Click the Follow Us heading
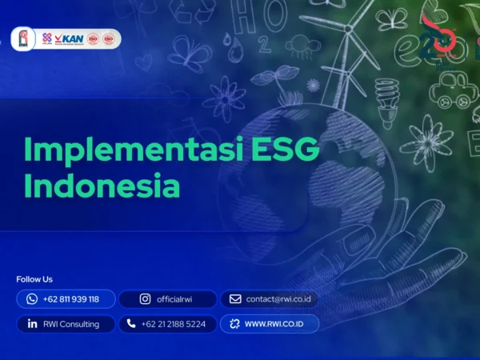tap(34, 279)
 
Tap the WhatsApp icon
tap(32, 299)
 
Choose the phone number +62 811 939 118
tap(71, 299)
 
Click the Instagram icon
tap(145, 299)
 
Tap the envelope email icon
tap(235, 299)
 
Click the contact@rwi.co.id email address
tap(278, 299)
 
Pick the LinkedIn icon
tap(32, 324)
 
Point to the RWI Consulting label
tap(73, 324)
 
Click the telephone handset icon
tap(131, 324)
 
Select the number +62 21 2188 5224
tap(173, 324)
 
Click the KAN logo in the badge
tap(72, 38)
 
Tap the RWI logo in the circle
tap(23, 39)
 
